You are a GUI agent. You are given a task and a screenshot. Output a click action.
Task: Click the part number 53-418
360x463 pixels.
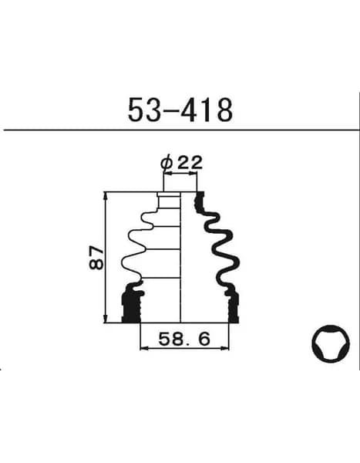click(x=180, y=110)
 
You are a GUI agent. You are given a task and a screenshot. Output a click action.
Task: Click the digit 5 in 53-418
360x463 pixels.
click(x=136, y=110)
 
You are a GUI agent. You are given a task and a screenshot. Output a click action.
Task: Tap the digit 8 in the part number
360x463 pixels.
click(x=224, y=110)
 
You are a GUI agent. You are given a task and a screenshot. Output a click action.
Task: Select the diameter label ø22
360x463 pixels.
click(x=181, y=162)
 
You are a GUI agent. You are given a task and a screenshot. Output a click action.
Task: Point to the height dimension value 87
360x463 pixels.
click(x=96, y=257)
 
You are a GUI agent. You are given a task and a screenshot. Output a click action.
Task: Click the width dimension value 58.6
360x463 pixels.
click(x=184, y=339)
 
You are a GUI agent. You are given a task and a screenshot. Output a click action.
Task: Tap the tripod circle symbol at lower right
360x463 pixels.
click(x=331, y=343)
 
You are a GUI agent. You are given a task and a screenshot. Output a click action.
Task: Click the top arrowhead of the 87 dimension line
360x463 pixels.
click(x=106, y=196)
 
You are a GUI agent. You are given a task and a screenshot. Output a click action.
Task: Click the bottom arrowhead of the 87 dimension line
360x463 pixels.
click(x=106, y=319)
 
